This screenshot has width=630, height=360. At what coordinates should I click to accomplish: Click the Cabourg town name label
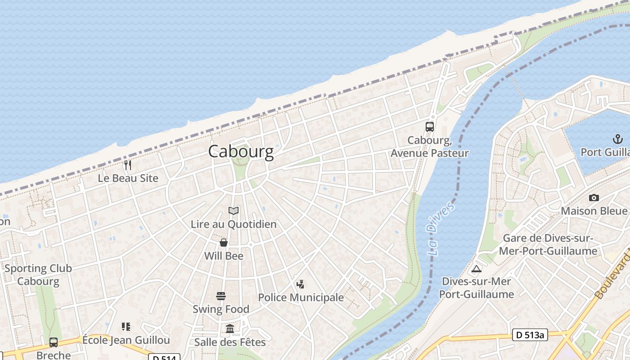pyautogui.click(x=241, y=152)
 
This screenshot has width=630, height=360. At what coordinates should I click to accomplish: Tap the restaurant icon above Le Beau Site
pyautogui.click(x=128, y=165)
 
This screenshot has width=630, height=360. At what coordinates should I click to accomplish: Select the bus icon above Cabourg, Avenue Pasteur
pyautogui.click(x=430, y=127)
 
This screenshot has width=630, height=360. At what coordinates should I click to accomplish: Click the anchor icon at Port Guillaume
pyautogui.click(x=616, y=139)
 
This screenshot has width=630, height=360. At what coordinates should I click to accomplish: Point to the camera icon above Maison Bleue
pyautogui.click(x=594, y=198)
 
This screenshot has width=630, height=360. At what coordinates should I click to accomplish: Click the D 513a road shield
pyautogui.click(x=529, y=335)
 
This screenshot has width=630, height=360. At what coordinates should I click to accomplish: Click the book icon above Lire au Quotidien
pyautogui.click(x=234, y=211)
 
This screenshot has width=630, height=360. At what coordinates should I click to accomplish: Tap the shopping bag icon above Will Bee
pyautogui.click(x=224, y=243)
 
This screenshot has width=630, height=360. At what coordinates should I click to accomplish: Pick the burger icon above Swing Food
pyautogui.click(x=221, y=296)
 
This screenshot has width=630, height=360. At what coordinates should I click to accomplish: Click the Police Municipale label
pyautogui.click(x=301, y=297)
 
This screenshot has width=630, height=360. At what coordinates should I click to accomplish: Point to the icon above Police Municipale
pyautogui.click(x=300, y=284)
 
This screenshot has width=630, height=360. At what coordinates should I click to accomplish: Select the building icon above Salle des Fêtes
pyautogui.click(x=230, y=329)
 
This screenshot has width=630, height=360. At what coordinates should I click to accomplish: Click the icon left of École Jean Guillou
pyautogui.click(x=126, y=327)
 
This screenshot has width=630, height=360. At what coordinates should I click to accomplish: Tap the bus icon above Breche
pyautogui.click(x=54, y=342)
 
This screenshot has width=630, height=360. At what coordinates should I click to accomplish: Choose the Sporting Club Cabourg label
pyautogui.click(x=38, y=275)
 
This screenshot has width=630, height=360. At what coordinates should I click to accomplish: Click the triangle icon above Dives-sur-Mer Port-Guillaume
pyautogui.click(x=477, y=269)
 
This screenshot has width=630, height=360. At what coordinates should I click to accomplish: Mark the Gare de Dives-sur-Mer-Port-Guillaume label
pyautogui.click(x=548, y=244)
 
